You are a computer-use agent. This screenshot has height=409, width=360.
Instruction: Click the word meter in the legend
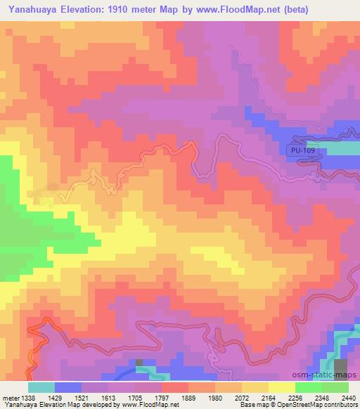(10, 398)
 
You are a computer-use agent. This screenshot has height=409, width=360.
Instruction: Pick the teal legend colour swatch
(41, 387)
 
